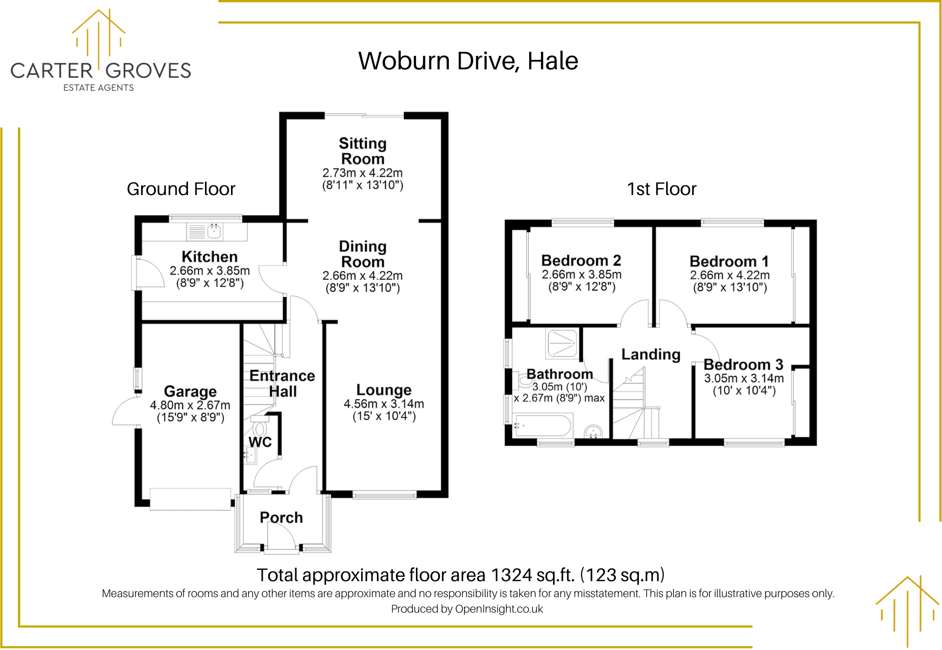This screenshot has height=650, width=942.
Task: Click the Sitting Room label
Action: tap(363, 151)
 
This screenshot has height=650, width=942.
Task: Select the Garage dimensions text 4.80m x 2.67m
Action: tap(190, 405)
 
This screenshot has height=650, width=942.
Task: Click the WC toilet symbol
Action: tap(259, 429)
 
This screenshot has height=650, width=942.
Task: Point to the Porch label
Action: tap(281, 517)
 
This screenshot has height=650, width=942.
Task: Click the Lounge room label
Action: tap(383, 390)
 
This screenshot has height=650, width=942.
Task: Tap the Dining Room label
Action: tap(363, 254)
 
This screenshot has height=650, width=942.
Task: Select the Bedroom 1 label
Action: tap(729, 261)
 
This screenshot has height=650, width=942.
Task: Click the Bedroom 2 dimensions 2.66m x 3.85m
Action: tap(581, 274)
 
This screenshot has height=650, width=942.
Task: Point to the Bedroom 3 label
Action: tap(743, 365)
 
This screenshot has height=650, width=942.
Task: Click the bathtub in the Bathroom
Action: tap(543, 426)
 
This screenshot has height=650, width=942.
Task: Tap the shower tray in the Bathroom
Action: tap(562, 343)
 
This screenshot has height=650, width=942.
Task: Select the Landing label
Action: tap(651, 354)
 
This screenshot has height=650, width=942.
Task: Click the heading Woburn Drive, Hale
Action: tap(468, 61)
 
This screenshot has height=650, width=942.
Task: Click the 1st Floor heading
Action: tap(661, 189)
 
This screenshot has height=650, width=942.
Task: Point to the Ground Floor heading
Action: tap(181, 189)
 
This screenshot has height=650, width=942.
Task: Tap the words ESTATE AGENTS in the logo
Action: tap(98, 88)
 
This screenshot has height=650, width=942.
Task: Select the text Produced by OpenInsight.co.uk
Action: tap(467, 609)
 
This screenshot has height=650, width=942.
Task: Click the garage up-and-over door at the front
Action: tap(190, 499)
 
